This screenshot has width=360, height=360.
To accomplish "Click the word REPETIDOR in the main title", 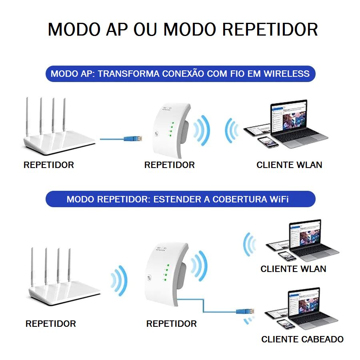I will (270, 30).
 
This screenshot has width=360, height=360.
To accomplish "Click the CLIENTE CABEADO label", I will (302, 339).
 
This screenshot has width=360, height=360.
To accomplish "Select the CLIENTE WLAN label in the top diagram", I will (289, 165).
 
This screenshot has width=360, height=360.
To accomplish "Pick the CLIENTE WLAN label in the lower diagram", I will (293, 269).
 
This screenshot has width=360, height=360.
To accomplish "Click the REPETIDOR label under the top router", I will (49, 165).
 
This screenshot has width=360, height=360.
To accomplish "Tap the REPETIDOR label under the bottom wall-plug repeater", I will (171, 324).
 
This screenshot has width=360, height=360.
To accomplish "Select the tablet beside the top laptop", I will (252, 132).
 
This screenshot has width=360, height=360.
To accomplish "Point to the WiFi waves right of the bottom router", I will (119, 281).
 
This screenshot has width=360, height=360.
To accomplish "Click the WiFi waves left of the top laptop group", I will (232, 130).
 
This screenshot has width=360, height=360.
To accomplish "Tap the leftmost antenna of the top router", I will (28, 116).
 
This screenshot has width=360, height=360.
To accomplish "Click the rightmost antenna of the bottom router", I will (69, 266).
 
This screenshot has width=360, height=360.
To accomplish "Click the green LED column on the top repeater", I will (170, 130).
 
